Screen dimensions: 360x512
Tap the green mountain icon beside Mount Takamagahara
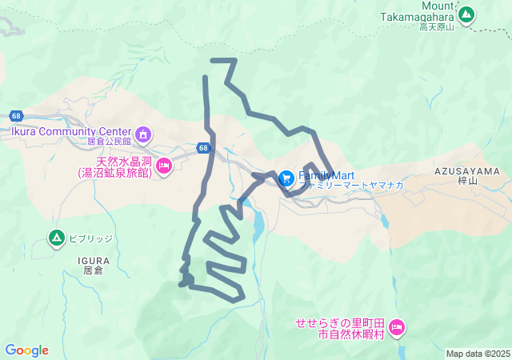point(466,14)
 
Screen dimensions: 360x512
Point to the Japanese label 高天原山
point(436,26)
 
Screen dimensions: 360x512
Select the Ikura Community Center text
point(70,132)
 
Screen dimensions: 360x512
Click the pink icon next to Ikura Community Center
point(142,134)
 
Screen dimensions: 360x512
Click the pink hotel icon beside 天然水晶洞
point(164,166)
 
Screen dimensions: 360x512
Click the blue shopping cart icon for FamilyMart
point(286,178)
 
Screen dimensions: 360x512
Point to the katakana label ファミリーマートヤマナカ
point(351,185)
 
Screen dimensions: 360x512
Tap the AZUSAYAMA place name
point(467,171)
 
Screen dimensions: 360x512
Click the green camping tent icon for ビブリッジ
point(56,238)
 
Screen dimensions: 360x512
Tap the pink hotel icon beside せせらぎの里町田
point(397,326)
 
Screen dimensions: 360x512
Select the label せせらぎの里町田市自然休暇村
point(341,327)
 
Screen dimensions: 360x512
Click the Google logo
point(26,350)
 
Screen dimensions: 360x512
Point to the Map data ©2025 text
point(478,354)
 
